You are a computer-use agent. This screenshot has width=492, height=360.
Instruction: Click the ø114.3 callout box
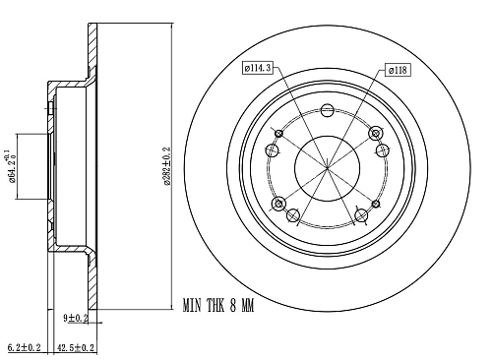coord(258,68)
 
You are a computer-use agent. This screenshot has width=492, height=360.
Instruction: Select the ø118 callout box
coord(398,70)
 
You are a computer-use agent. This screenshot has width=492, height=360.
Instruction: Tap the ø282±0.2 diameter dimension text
coord(167,166)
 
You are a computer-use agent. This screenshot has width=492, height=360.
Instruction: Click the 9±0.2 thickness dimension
coord(76,318)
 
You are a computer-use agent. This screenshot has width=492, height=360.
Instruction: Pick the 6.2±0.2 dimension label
coord(24,347)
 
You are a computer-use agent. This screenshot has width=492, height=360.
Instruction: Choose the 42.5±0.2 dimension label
coord(76,347)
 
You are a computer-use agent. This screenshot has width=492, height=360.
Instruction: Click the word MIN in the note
coord(192,306)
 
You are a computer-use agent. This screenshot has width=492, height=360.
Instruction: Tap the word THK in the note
coord(215,306)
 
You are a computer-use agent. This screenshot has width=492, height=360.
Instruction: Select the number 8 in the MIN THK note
coord(232,306)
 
